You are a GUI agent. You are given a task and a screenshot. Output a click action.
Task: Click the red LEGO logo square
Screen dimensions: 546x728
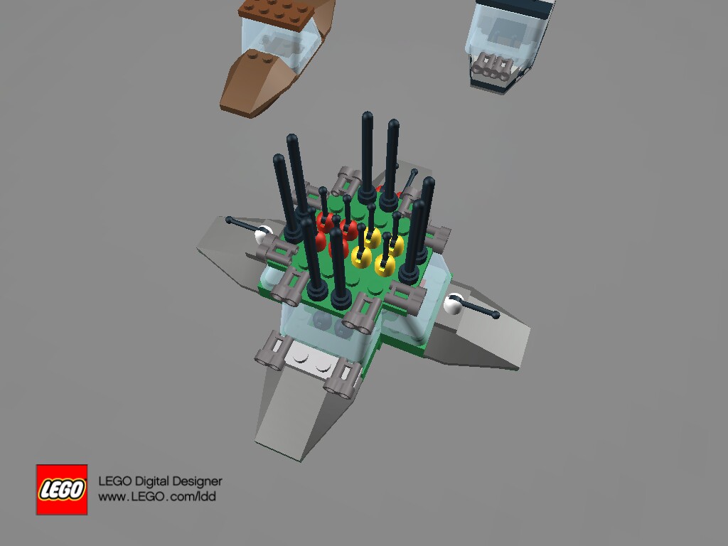(x=62, y=489)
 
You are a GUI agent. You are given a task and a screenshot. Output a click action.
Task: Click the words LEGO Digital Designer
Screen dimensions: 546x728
(x=159, y=481)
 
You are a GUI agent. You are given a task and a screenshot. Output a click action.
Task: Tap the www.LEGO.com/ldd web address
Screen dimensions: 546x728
(x=156, y=497)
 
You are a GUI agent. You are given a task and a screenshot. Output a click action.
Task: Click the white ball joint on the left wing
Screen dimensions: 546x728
(x=265, y=231)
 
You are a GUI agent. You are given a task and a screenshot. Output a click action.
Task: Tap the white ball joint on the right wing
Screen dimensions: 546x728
(x=452, y=305)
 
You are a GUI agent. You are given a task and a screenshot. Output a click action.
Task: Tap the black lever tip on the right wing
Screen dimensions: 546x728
(x=495, y=314)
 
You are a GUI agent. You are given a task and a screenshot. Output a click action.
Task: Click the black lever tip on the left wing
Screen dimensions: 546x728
(x=229, y=220)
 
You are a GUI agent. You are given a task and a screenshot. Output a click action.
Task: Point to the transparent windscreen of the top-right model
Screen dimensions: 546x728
(x=501, y=36)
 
